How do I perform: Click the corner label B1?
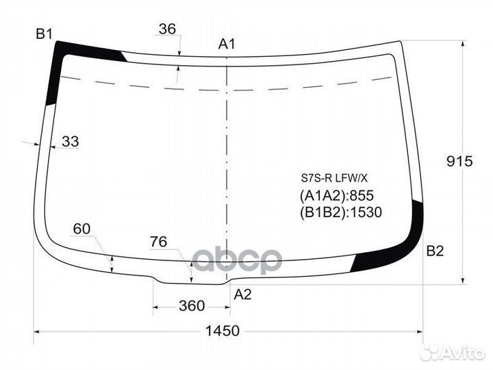pos(44,34)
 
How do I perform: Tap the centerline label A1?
pos(227,44)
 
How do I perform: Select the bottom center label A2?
pos(242,295)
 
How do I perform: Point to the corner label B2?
pos(435,251)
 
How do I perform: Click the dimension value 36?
pos(167,29)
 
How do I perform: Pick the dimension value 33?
pos(71,141)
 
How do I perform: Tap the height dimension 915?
pos(459,161)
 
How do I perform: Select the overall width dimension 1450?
pos(223,331)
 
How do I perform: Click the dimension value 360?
pos(192,306)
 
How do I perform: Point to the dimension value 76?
pos(158,242)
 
